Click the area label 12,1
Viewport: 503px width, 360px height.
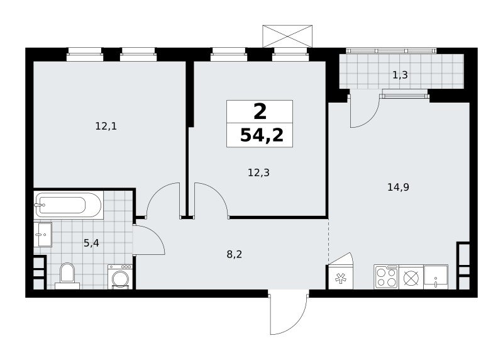[x=106, y=127]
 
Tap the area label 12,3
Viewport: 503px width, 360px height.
[x=258, y=173]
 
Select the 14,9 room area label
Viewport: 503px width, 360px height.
[x=398, y=187]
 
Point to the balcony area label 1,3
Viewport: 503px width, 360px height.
[x=400, y=75]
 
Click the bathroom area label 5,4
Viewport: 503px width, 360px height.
[x=91, y=243]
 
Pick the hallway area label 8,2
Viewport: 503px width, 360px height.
[x=234, y=255]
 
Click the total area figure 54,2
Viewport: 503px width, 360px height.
[x=262, y=135]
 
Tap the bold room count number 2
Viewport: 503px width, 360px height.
[x=260, y=112]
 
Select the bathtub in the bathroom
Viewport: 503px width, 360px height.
[x=69, y=205]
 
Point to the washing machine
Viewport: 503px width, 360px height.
[x=120, y=277]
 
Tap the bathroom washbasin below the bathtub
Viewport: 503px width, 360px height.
[x=43, y=234]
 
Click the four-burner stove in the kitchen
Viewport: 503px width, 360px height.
[x=386, y=277]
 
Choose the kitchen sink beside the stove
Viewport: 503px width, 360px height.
[x=436, y=277]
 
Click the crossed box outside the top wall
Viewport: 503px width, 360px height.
[x=287, y=37]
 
